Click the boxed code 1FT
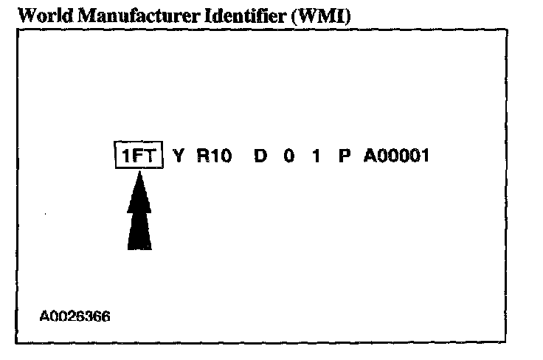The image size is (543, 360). (138, 156)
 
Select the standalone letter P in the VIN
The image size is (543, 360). (344, 156)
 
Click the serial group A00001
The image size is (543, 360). (395, 156)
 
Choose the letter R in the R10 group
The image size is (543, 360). (202, 156)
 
